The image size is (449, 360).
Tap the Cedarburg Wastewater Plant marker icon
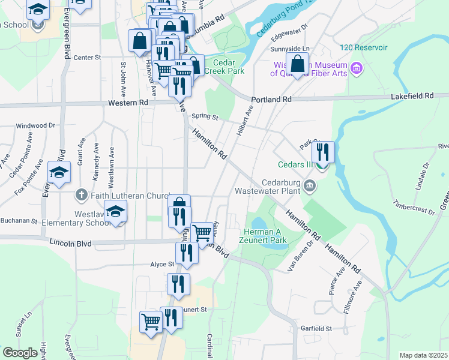(310, 185)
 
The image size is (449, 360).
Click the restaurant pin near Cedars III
(323, 152)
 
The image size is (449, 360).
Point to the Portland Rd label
(271, 99)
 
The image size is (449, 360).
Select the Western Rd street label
(128, 103)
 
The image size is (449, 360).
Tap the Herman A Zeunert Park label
(265, 236)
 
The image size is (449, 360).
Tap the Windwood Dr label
(35, 126)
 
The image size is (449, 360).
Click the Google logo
(20, 352)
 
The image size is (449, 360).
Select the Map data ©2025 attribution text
(423, 355)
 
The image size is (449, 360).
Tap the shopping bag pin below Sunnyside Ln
(297, 64)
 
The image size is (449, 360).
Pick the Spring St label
(205, 117)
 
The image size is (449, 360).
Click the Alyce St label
(162, 264)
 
